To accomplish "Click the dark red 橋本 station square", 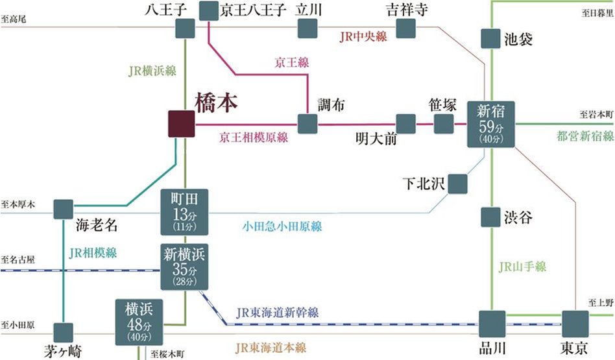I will tap(181, 124).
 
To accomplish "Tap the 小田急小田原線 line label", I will tap(282, 226).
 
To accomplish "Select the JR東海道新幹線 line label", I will tap(278, 313).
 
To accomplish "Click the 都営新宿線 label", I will tap(585, 136).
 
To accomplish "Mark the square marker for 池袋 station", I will tap(490, 39).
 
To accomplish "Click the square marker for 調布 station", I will tap(307, 124).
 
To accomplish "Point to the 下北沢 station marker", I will tap(457, 184).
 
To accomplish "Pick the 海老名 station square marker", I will tap(63, 209).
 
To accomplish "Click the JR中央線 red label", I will tap(363, 37).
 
